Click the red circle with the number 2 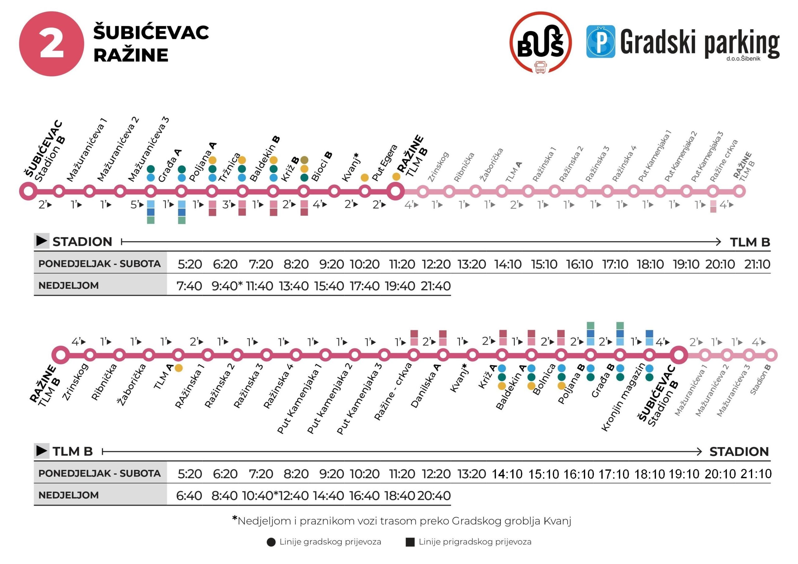pos(51,44)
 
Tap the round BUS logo pos(541,43)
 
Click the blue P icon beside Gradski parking pos(600,42)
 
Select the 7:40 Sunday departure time pos(189,286)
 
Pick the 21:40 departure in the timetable pos(435,286)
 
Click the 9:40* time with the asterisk pos(227,286)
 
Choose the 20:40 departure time pos(434,495)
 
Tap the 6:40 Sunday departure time pos(189,495)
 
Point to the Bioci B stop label pos(321,166)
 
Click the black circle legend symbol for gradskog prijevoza pos(271,542)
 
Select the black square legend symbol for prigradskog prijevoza pos(410,542)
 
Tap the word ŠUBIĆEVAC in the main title pos(151,32)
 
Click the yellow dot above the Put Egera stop pos(365,178)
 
